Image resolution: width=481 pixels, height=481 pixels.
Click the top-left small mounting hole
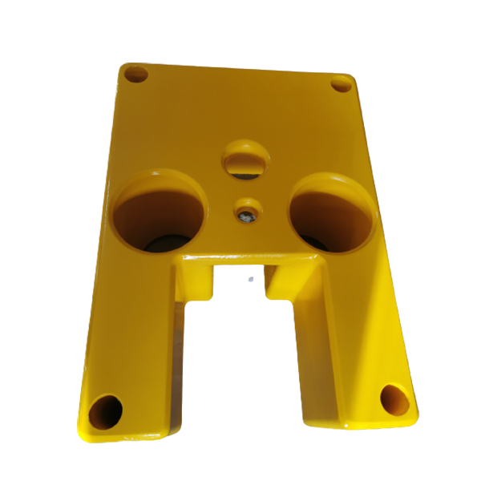point(135,75)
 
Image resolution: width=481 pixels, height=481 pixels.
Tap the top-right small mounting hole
point(342,83)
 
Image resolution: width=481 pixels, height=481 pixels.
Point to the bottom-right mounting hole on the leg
point(393,398)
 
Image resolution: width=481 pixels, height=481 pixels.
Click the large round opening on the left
point(160,212)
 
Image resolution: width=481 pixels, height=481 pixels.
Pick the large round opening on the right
point(330,214)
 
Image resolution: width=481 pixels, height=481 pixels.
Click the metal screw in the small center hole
point(246,213)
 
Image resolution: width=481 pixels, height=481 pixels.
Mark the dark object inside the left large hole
point(172,240)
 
